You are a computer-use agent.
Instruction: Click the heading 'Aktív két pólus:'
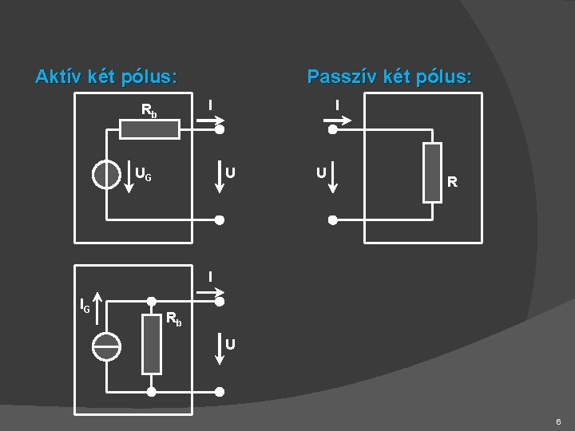[x=106, y=77]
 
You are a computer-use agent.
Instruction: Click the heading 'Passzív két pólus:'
[x=389, y=77]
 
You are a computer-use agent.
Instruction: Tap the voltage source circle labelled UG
[x=106, y=173]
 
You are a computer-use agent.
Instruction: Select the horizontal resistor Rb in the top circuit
[x=149, y=129]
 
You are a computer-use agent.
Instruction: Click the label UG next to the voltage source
[x=144, y=172]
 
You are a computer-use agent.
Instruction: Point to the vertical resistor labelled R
[x=432, y=173]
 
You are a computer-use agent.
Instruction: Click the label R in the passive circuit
[x=452, y=183]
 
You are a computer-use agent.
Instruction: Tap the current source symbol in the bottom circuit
[x=106, y=345]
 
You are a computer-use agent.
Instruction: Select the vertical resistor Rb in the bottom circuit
[x=151, y=344]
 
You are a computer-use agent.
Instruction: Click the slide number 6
[x=558, y=421]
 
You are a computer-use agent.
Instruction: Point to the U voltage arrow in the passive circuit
[x=334, y=177]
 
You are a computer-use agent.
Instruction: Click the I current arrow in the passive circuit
[x=338, y=121]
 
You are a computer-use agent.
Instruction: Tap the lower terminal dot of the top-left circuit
[x=220, y=219]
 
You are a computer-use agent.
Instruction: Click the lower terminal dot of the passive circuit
[x=334, y=219]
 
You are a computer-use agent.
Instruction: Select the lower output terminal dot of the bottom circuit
[x=220, y=392]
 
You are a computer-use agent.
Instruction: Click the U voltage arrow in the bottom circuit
[x=220, y=348]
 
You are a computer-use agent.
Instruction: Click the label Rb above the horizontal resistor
[x=149, y=110]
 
